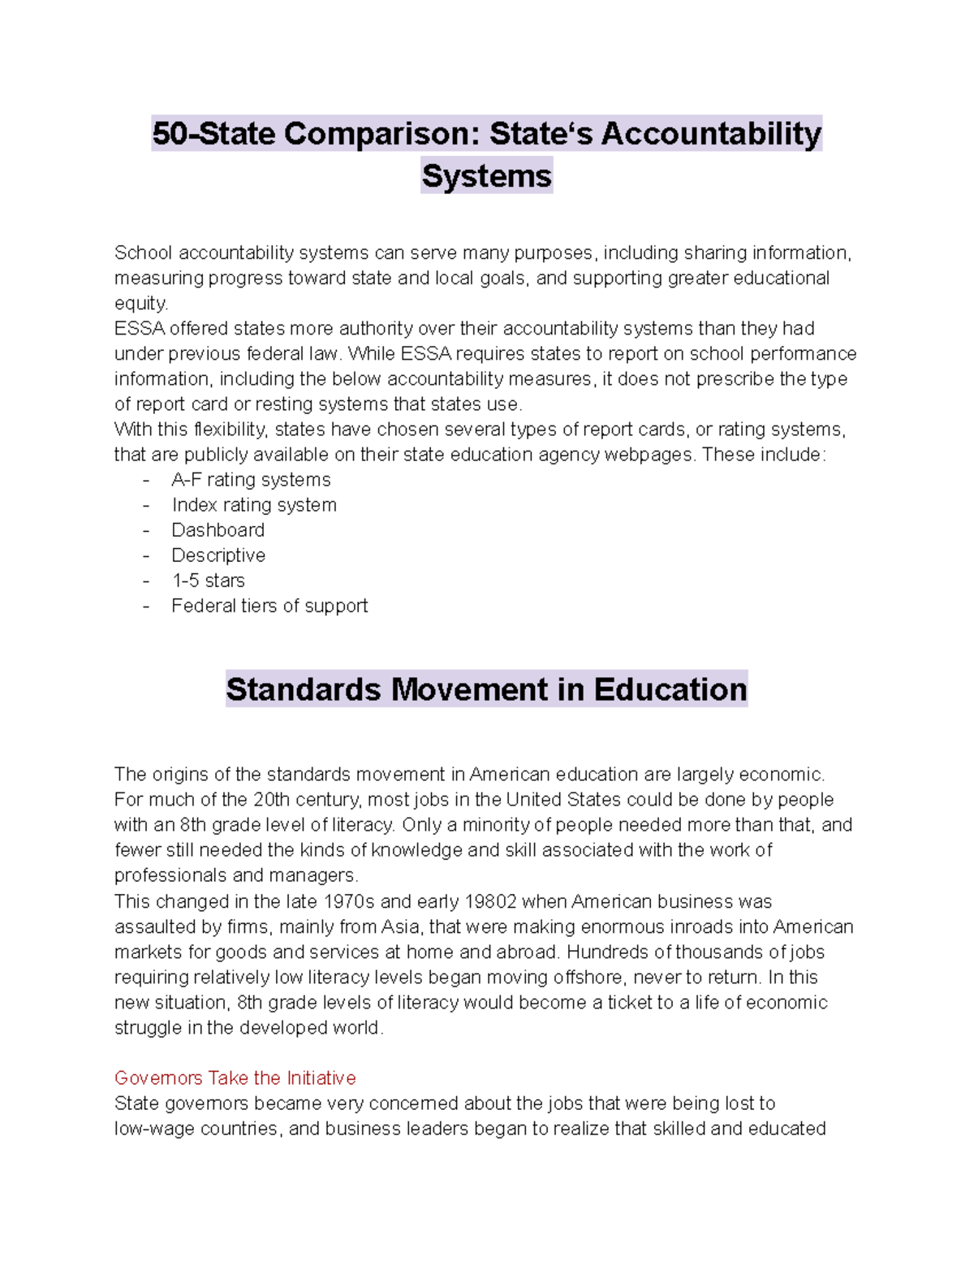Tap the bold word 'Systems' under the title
click(486, 176)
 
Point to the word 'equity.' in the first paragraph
click(141, 304)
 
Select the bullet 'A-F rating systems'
click(251, 480)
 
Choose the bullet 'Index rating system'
click(253, 505)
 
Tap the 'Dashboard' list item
click(218, 530)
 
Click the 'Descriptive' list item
click(218, 555)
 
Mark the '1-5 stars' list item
click(208, 581)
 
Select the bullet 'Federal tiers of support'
click(269, 606)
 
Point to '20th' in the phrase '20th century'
click(270, 800)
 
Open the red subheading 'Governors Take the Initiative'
click(235, 1078)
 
